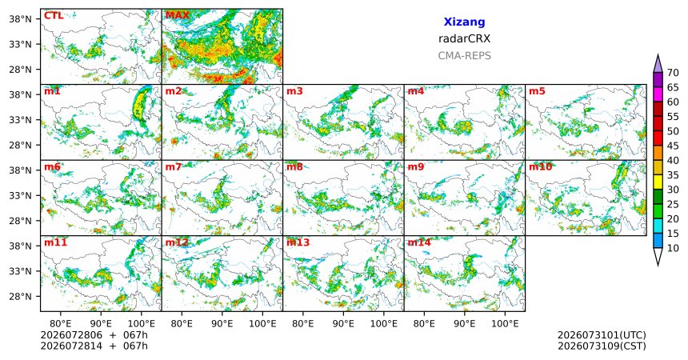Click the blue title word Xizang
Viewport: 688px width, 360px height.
coord(464,22)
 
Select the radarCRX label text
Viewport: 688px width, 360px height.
coord(464,38)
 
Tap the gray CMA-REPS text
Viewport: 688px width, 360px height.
coord(464,56)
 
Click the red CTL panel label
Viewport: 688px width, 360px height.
coord(54,16)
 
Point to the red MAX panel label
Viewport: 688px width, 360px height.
coord(178,16)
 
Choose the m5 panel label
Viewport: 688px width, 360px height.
coord(537,91)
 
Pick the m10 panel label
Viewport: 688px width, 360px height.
coord(540,167)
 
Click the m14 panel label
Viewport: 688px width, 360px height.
coord(419,242)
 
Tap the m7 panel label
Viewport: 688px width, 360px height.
coord(173,167)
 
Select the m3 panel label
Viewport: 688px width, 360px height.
coord(294,91)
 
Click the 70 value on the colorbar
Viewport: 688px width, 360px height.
coord(673,73)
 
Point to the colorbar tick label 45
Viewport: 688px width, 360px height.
coord(673,146)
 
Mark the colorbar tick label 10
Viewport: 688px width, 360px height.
coord(673,249)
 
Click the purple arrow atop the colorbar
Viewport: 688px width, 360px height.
coord(658,64)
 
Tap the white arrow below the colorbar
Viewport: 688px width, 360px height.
coord(658,256)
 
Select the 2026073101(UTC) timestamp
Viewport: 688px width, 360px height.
coord(602,335)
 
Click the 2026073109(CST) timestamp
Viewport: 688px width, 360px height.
coord(602,346)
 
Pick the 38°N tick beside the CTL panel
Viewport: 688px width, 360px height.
coord(21,19)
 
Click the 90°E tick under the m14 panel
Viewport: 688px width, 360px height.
coord(465,324)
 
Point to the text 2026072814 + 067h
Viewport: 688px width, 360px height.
coord(94,346)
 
